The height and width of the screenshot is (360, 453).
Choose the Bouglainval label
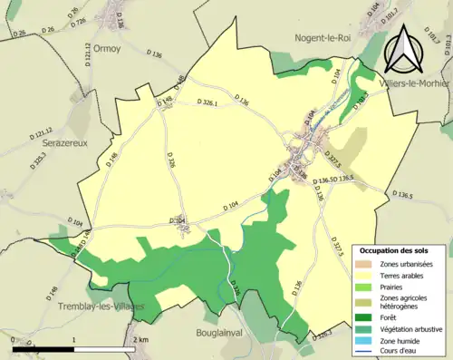click(223, 333)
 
